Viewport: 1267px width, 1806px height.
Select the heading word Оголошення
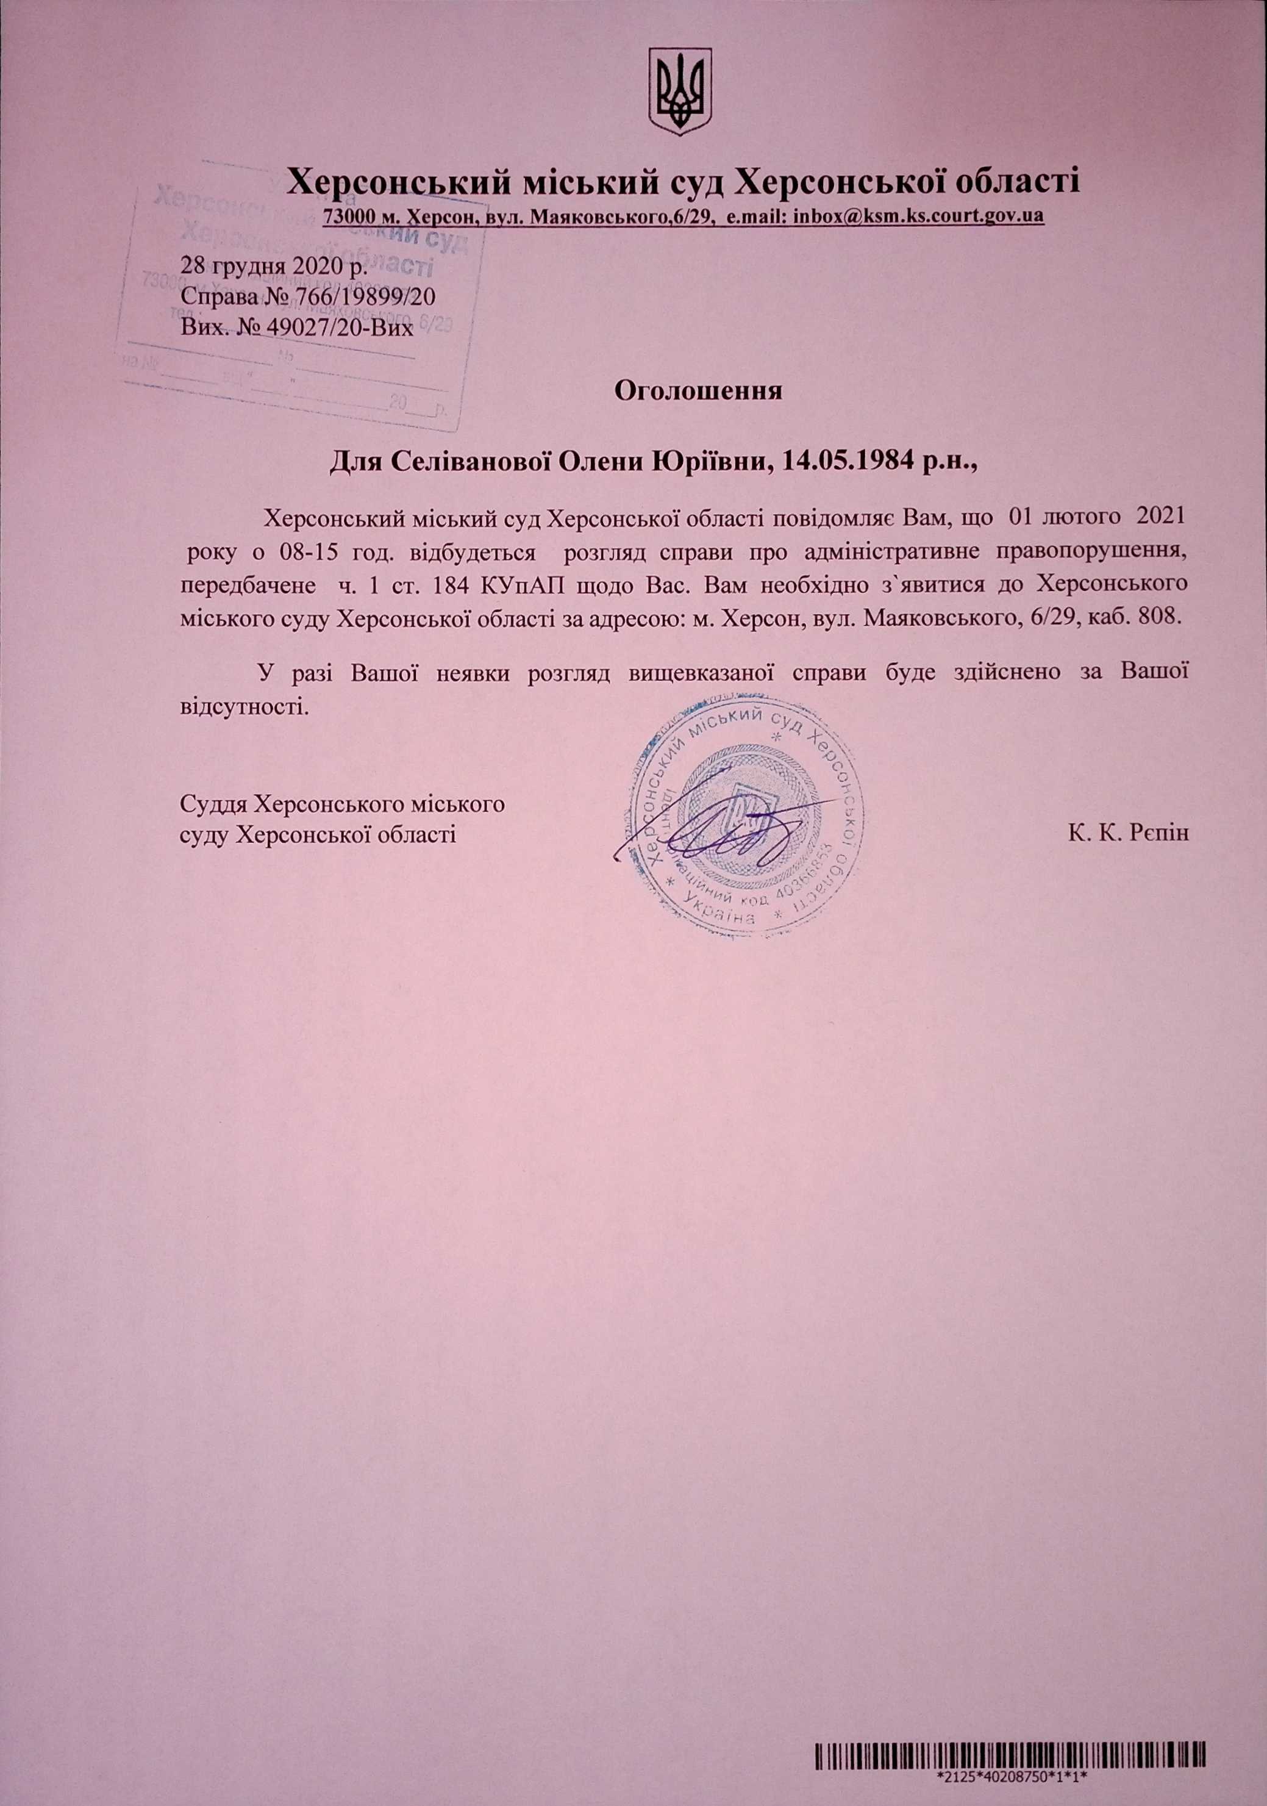click(x=698, y=391)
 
